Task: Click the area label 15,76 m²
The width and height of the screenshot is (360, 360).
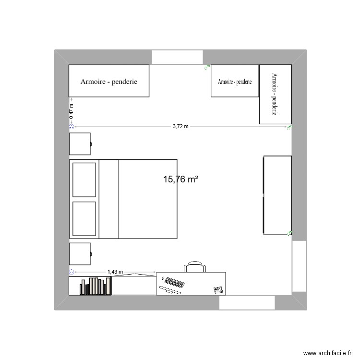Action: tap(181, 180)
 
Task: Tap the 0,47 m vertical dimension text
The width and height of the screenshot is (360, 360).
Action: tap(72, 111)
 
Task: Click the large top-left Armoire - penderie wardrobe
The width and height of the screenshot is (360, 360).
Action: tap(109, 81)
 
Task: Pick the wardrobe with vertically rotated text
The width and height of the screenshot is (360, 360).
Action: tap(275, 94)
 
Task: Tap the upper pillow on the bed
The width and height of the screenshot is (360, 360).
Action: tap(84, 180)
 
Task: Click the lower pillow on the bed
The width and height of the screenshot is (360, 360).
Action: tap(84, 218)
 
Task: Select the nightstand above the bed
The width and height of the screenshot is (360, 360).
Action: tap(80, 144)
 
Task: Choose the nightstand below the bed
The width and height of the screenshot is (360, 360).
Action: tap(80, 254)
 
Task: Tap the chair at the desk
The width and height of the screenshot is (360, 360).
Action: tap(194, 267)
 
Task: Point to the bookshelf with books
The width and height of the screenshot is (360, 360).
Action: tap(90, 286)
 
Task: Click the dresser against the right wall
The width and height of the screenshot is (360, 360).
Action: tap(277, 195)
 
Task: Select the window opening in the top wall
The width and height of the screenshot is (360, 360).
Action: tap(176, 57)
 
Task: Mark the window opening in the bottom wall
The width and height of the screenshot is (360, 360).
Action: tap(247, 302)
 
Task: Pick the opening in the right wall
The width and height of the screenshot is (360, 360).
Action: tap(299, 266)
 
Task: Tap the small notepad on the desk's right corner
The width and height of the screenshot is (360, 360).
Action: tap(218, 289)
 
